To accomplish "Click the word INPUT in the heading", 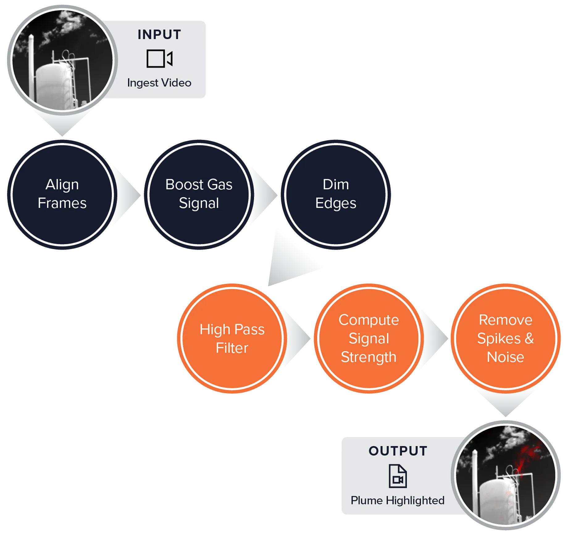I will click(x=159, y=35).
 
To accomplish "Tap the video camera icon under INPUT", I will click(x=159, y=58).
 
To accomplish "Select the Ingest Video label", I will click(x=159, y=83).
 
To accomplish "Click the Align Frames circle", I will click(x=62, y=194).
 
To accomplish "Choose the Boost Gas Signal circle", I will click(x=199, y=194).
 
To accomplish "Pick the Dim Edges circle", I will click(x=336, y=194).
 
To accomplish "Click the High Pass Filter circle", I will click(x=232, y=338).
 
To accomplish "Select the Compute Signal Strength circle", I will click(x=369, y=338).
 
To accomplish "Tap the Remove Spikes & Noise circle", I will click(x=505, y=338).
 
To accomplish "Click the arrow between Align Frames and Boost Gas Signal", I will click(x=127, y=194).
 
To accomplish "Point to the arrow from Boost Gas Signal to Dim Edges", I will click(x=263, y=194).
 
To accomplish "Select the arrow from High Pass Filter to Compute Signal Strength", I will click(x=296, y=338).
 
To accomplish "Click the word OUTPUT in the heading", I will click(x=398, y=451).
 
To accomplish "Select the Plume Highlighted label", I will click(x=398, y=500).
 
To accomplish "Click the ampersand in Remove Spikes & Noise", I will click(x=529, y=338).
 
